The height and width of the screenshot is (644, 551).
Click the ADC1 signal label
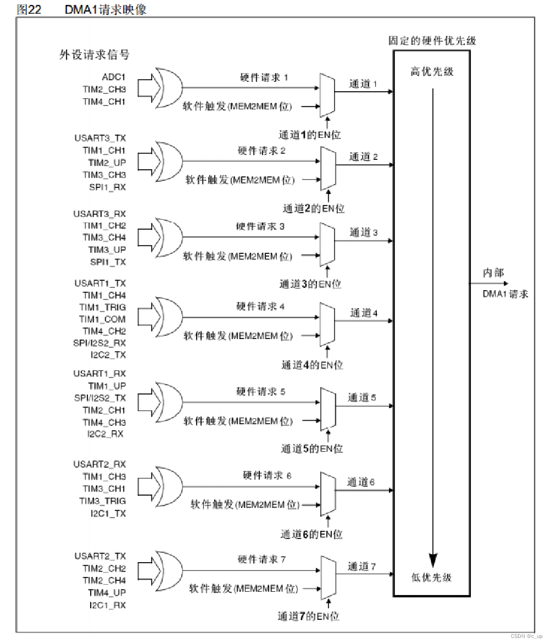[114, 77]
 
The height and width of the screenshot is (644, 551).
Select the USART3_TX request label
[100, 138]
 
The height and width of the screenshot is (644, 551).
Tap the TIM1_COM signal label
[102, 319]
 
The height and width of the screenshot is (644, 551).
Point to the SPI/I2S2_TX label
[100, 398]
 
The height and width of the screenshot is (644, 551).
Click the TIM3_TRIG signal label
[102, 501]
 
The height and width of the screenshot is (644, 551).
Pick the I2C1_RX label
[108, 605]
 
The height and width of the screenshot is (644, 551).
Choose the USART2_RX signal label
[100, 464]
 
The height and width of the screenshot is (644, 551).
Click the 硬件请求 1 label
[264, 78]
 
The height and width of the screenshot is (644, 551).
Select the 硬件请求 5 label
[261, 392]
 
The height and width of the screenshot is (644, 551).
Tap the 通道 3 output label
[364, 233]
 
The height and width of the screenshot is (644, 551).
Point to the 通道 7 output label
[361, 567]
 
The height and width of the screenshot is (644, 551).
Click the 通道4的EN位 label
[312, 365]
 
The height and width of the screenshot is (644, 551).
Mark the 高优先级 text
[432, 72]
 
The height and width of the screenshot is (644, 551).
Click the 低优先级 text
[432, 577]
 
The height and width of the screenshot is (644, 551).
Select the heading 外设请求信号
[94, 54]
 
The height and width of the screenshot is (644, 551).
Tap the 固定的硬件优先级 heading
[432, 41]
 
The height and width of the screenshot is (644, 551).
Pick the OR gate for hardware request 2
[168, 162]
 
